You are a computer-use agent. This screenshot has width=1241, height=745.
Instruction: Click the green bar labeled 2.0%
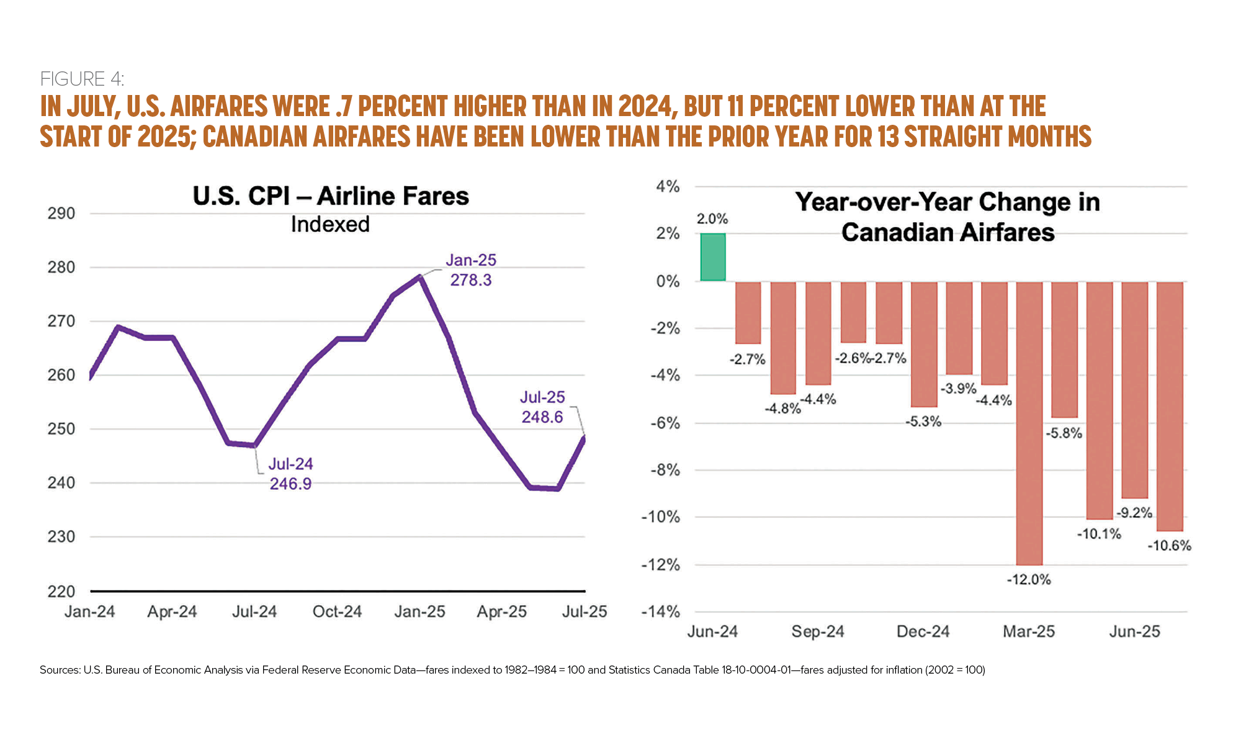click(713, 257)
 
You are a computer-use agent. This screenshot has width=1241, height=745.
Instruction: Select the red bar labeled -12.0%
click(1029, 422)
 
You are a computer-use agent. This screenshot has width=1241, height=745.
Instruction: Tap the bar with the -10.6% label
click(1170, 406)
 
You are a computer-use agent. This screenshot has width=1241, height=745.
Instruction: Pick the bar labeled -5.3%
click(923, 344)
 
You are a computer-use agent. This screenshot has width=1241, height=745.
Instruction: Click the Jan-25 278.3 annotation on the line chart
click(471, 270)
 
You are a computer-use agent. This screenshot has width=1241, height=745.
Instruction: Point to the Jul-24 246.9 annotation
click(290, 474)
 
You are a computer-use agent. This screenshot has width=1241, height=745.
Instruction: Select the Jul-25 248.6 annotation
click(542, 407)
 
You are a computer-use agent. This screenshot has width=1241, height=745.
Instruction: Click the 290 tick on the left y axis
click(61, 214)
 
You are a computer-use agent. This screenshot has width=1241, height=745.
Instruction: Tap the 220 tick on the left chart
click(61, 591)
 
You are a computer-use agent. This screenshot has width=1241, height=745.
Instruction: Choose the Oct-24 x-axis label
click(337, 612)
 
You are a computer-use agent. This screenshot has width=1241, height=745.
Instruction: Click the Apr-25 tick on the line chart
click(501, 612)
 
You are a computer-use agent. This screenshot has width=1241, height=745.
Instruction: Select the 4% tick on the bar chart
click(668, 186)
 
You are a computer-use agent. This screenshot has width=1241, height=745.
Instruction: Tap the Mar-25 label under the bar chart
click(1029, 631)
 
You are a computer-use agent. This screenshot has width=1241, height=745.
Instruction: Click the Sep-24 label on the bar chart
click(818, 631)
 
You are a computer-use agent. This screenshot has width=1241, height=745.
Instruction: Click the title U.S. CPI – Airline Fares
click(331, 196)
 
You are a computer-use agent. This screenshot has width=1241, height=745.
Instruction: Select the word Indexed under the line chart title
click(330, 224)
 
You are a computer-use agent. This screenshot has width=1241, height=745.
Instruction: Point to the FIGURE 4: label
click(82, 79)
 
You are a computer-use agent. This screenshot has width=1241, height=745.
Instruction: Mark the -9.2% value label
click(1134, 513)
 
